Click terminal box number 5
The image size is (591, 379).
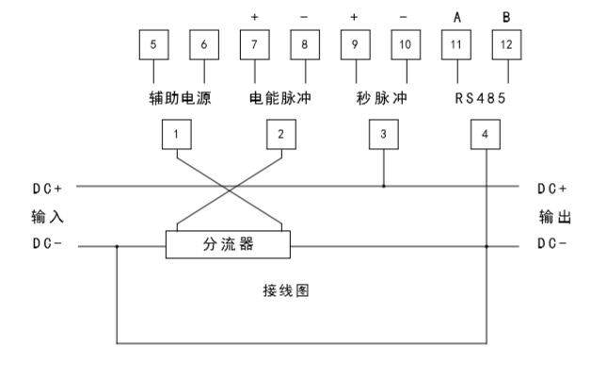[x=152, y=44]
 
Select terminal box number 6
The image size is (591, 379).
[x=202, y=44]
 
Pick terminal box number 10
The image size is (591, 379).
[x=405, y=44]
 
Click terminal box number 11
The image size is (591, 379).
[x=456, y=44]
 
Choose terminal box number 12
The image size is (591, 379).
[x=506, y=44]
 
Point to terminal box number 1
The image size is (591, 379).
[x=176, y=135]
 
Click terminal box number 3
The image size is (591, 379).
[x=383, y=135]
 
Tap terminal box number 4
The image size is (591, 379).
[x=485, y=135]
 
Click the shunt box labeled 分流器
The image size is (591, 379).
[x=229, y=245]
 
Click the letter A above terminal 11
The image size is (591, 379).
[x=456, y=16]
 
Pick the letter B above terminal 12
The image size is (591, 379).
[x=506, y=16]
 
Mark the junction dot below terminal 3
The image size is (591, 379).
[x=383, y=186]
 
